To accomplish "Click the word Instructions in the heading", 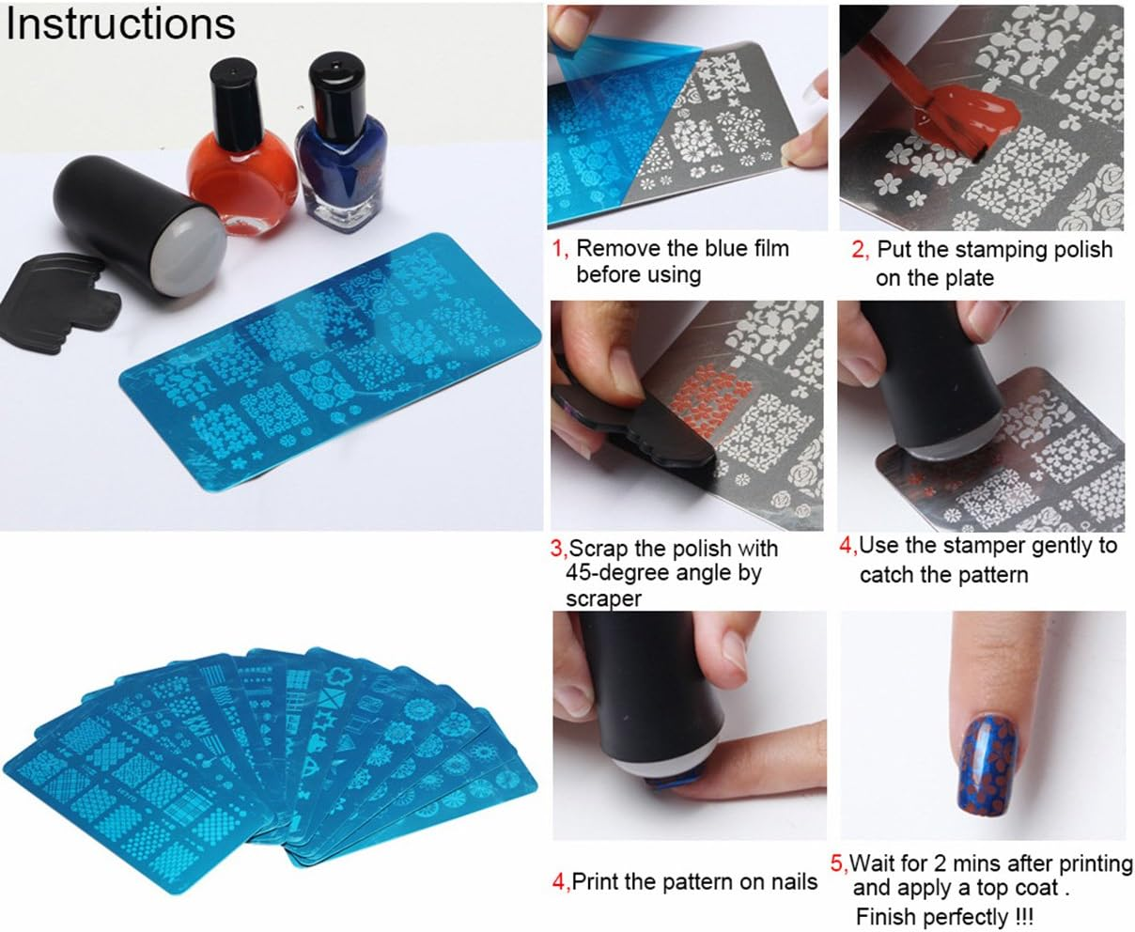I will coord(120,24).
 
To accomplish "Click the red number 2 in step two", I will coord(859,251).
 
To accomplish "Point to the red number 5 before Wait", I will coord(839,862).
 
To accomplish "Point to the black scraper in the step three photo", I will coord(648,442).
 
